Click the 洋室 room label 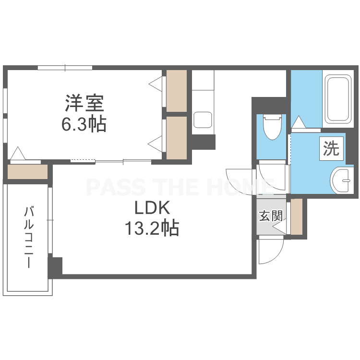coord(84,103)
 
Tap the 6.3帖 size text coord(84,124)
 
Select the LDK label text coord(152,208)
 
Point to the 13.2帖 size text coord(152,228)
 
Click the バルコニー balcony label coord(29,237)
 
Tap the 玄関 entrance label coord(271,216)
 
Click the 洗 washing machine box coord(331,148)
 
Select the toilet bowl coord(272,127)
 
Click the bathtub coord(338,99)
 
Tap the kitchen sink coord(203,120)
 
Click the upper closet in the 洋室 coord(176,91)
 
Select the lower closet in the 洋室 coord(176,138)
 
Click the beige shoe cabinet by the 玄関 coord(297,216)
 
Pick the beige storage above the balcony coord(27,172)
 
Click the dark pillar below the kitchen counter coord(203,142)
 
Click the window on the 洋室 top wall coord(65,68)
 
